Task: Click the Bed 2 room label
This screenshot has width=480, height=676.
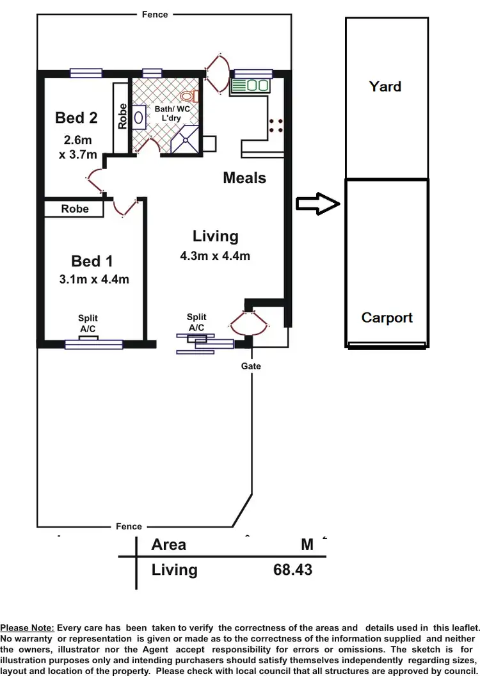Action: (x=76, y=118)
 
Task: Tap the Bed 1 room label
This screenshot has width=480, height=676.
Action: (x=92, y=261)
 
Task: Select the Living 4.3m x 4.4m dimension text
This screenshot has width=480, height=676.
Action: (x=215, y=257)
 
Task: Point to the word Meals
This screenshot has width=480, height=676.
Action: (x=244, y=177)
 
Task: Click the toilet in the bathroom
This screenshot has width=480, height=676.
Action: (x=189, y=96)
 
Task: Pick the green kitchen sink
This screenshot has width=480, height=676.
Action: (x=250, y=85)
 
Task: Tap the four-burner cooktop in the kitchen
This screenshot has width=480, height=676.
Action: (x=276, y=125)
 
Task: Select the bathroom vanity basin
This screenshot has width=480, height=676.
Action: (x=140, y=118)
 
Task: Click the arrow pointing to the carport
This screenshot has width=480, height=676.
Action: (x=317, y=204)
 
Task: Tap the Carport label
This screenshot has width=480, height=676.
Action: (x=387, y=318)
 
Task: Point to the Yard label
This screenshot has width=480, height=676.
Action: (x=385, y=86)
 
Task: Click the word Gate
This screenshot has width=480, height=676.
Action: (x=251, y=366)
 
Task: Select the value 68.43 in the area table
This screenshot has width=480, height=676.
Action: (x=292, y=569)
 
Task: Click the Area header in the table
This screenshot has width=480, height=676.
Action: (x=169, y=545)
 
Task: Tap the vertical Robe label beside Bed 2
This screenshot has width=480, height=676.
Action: (x=122, y=117)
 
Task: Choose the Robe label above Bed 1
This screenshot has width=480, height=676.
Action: (x=75, y=209)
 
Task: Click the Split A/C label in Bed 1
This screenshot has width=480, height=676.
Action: (x=88, y=323)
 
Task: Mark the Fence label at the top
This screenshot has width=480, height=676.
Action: (x=155, y=14)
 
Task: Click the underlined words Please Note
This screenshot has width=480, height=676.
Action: (x=27, y=628)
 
